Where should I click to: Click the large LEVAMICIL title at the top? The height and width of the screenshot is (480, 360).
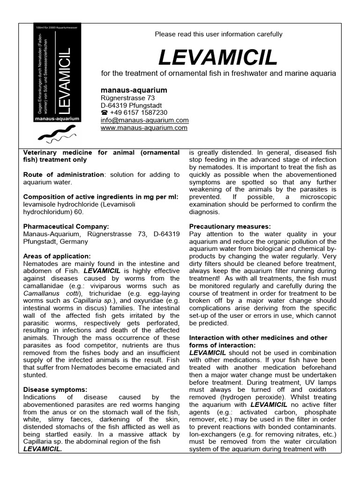point(218,58)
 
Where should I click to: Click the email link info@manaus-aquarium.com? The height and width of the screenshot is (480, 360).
point(145,120)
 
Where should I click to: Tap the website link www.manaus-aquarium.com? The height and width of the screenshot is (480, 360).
point(144,127)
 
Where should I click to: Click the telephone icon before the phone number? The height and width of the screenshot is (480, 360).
point(105,112)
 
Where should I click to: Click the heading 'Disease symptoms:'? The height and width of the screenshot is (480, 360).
point(55,390)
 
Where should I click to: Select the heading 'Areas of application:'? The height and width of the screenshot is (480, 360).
point(57,256)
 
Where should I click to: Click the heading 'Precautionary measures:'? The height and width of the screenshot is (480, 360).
point(230,226)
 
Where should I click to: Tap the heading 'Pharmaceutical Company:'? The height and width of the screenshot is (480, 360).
point(66,226)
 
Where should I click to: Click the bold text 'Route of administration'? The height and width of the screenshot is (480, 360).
point(63,174)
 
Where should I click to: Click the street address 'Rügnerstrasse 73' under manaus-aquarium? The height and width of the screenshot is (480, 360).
point(128,97)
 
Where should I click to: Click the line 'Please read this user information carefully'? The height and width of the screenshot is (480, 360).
point(218,34)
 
